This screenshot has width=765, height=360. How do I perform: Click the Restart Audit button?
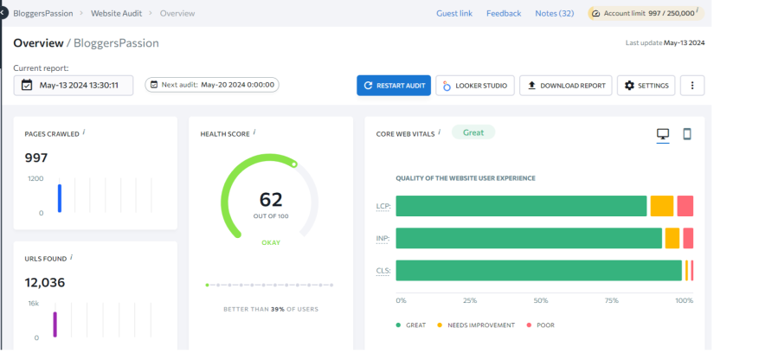click(x=394, y=86)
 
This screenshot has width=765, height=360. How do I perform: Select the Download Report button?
click(x=565, y=86)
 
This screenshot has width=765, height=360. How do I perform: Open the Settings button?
click(x=646, y=86)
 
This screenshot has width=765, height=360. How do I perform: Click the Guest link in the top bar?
click(x=453, y=14)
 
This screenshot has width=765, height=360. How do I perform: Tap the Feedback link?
click(x=503, y=14)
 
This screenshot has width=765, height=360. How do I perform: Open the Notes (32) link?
click(x=554, y=14)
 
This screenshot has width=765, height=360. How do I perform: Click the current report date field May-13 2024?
click(x=74, y=85)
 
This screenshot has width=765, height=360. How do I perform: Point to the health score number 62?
click(x=271, y=199)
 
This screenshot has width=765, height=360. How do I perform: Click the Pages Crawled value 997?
click(x=36, y=157)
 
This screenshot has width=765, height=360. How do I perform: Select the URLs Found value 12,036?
click(x=45, y=282)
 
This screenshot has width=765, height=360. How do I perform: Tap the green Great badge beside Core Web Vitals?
click(x=472, y=132)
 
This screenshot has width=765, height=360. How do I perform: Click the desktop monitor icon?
click(x=663, y=134)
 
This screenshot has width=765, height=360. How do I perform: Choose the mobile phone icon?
click(x=687, y=134)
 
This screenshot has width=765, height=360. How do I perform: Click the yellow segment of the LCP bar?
click(x=661, y=206)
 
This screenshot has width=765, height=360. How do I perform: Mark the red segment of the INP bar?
click(x=688, y=238)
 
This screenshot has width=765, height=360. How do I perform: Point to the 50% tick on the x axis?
click(x=541, y=301)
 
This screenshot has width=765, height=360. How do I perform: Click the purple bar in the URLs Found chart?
click(x=55, y=325)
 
